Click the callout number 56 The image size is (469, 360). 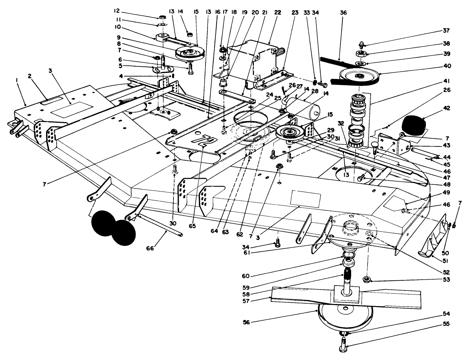pyautogui.click(x=246, y=322)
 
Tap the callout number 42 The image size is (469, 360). pyautogui.click(x=446, y=108)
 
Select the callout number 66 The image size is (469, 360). pyautogui.click(x=150, y=248)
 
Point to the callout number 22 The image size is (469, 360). pyautogui.click(x=277, y=13)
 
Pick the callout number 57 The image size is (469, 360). pyautogui.click(x=246, y=301)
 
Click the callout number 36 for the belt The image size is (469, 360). pyautogui.click(x=343, y=13)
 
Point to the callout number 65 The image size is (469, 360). pyautogui.click(x=192, y=226)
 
